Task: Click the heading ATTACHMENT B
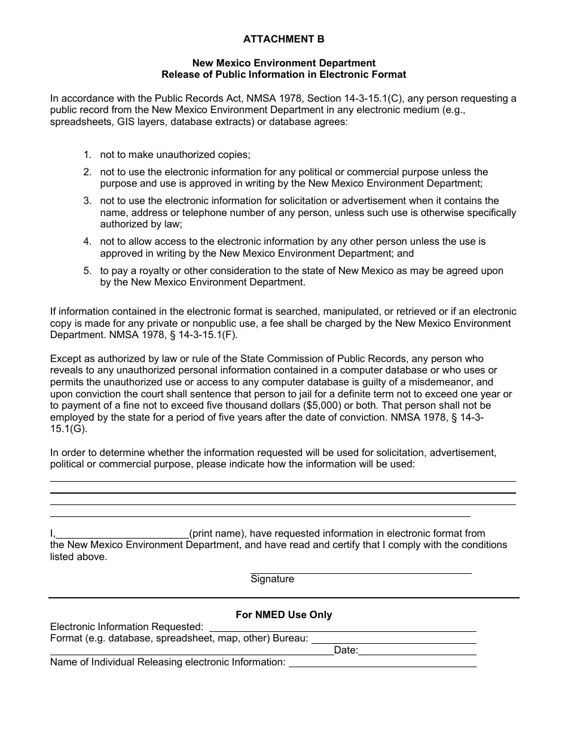283,39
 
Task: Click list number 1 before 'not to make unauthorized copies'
87,154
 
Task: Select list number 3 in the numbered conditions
87,200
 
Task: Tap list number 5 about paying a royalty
87,270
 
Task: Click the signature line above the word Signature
361,573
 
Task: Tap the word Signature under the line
272,579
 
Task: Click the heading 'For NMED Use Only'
283,615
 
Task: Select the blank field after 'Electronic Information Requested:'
341,628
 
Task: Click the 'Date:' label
346,650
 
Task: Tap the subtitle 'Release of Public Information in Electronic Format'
283,75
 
